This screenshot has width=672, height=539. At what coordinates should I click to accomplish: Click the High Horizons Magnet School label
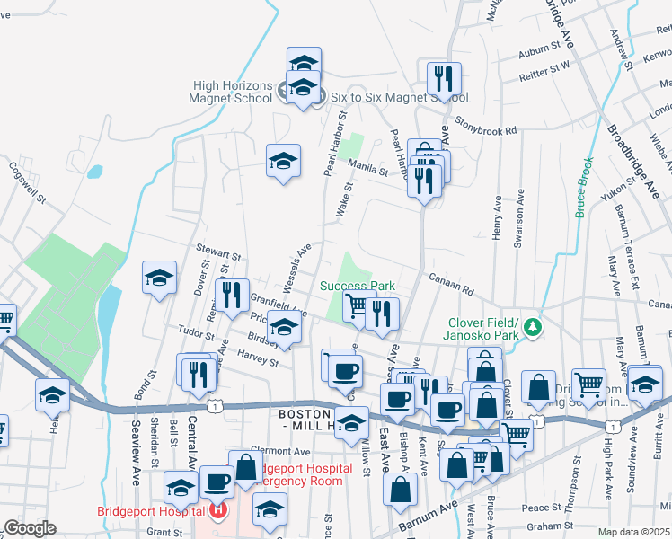[x=233, y=92]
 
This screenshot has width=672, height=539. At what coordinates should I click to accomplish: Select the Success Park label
[x=358, y=286]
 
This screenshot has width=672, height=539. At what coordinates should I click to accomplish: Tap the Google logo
[x=29, y=528]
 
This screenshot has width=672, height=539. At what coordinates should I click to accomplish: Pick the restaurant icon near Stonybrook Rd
[x=444, y=79]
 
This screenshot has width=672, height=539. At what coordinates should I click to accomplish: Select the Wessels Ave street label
[x=296, y=266]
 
